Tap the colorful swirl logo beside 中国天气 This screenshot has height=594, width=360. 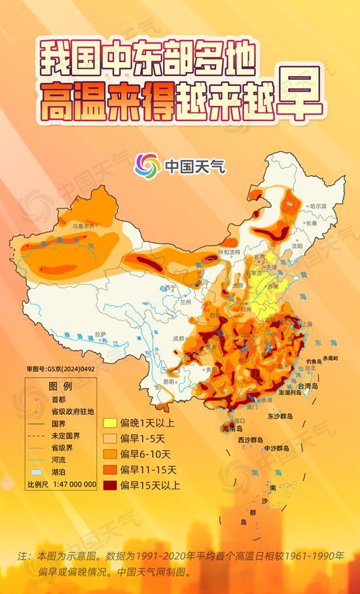pyautogui.click(x=147, y=164)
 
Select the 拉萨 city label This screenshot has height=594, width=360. pyautogui.click(x=100, y=334)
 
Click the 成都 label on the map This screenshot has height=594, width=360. pyautogui.click(x=178, y=339)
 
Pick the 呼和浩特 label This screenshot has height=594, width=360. pyautogui.click(x=229, y=251)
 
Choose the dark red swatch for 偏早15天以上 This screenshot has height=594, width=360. pyautogui.click(x=109, y=485)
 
